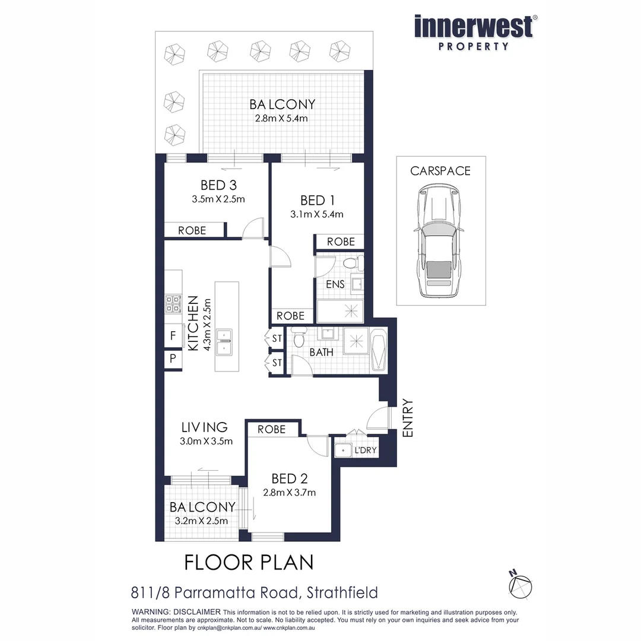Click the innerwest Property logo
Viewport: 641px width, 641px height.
tap(473, 33)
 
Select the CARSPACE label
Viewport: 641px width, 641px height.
tap(440, 171)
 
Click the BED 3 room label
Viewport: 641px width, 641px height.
tap(218, 185)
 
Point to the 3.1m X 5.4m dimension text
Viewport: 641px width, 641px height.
tap(317, 214)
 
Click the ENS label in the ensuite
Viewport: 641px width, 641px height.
tap(335, 284)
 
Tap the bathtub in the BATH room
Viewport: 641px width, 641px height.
tap(379, 350)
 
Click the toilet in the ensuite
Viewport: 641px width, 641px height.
tap(348, 263)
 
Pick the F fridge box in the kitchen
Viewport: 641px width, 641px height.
tap(173, 336)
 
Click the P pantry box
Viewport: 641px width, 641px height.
tap(173, 359)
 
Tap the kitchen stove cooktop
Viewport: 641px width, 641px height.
tap(173, 303)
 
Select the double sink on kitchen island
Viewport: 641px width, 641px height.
tap(224, 342)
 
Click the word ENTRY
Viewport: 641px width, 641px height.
tap(408, 418)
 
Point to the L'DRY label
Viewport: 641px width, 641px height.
tap(365, 450)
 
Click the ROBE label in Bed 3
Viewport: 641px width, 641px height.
tap(192, 230)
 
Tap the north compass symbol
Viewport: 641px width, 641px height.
tap(519, 583)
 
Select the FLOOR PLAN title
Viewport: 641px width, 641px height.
tap(249, 561)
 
